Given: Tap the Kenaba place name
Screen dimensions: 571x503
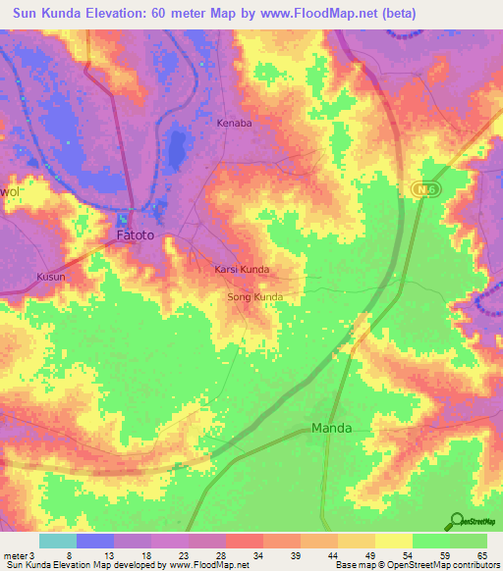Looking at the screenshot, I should coord(235,125).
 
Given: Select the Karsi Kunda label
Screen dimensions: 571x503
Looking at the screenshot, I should coord(242,269).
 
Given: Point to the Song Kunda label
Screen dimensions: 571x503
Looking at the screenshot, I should coord(255,296).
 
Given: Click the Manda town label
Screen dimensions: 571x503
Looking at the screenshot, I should coord(331,428).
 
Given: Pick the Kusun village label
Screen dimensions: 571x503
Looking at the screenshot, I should coord(50,277).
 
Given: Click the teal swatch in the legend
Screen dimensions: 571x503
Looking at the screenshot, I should coord(57,541).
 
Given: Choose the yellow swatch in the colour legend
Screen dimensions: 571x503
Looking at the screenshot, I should coord(393,541).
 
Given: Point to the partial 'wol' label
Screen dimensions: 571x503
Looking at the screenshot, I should coord(10,192).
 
